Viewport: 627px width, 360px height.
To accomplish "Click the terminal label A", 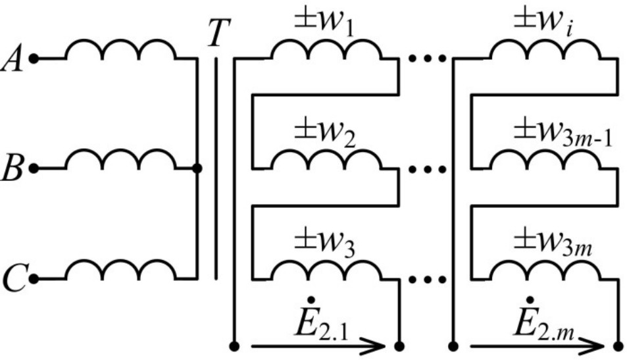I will [x=12, y=60].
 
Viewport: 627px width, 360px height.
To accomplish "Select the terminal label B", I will [x=12, y=169].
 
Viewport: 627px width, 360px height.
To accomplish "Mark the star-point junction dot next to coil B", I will [x=197, y=168].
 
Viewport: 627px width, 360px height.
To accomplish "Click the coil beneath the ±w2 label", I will [x=325, y=160].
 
